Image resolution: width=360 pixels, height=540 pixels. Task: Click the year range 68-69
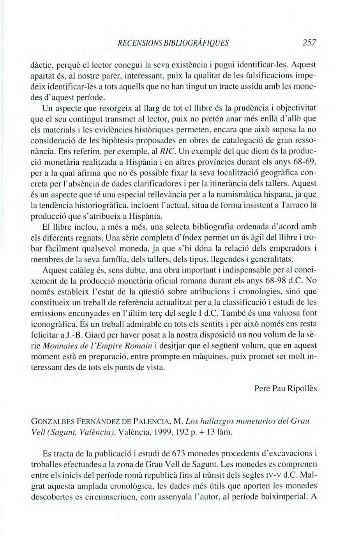[x=305, y=171]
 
